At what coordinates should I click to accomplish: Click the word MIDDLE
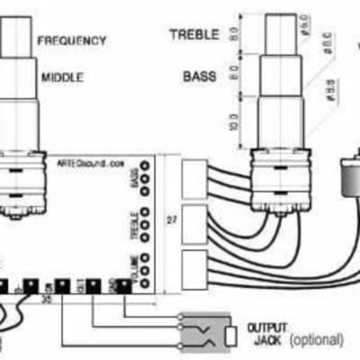[x=62, y=77]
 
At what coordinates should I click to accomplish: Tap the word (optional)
[x=314, y=339]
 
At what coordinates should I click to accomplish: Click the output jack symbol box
[x=205, y=332]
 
